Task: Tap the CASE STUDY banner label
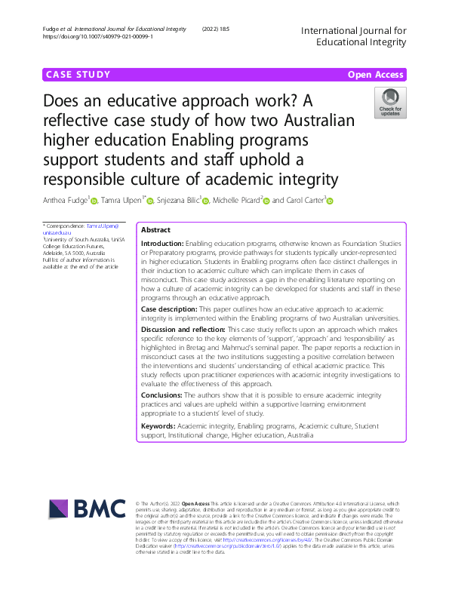(78, 75)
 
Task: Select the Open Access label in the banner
(376, 75)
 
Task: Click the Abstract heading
(155, 229)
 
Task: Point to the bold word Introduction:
(162, 244)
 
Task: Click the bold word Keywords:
(158, 426)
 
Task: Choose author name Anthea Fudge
(66, 200)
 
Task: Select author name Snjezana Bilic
(177, 200)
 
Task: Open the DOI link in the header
(99, 35)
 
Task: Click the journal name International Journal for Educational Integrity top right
(353, 35)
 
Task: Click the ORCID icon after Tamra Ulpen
(150, 201)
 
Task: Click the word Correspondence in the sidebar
(66, 226)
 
